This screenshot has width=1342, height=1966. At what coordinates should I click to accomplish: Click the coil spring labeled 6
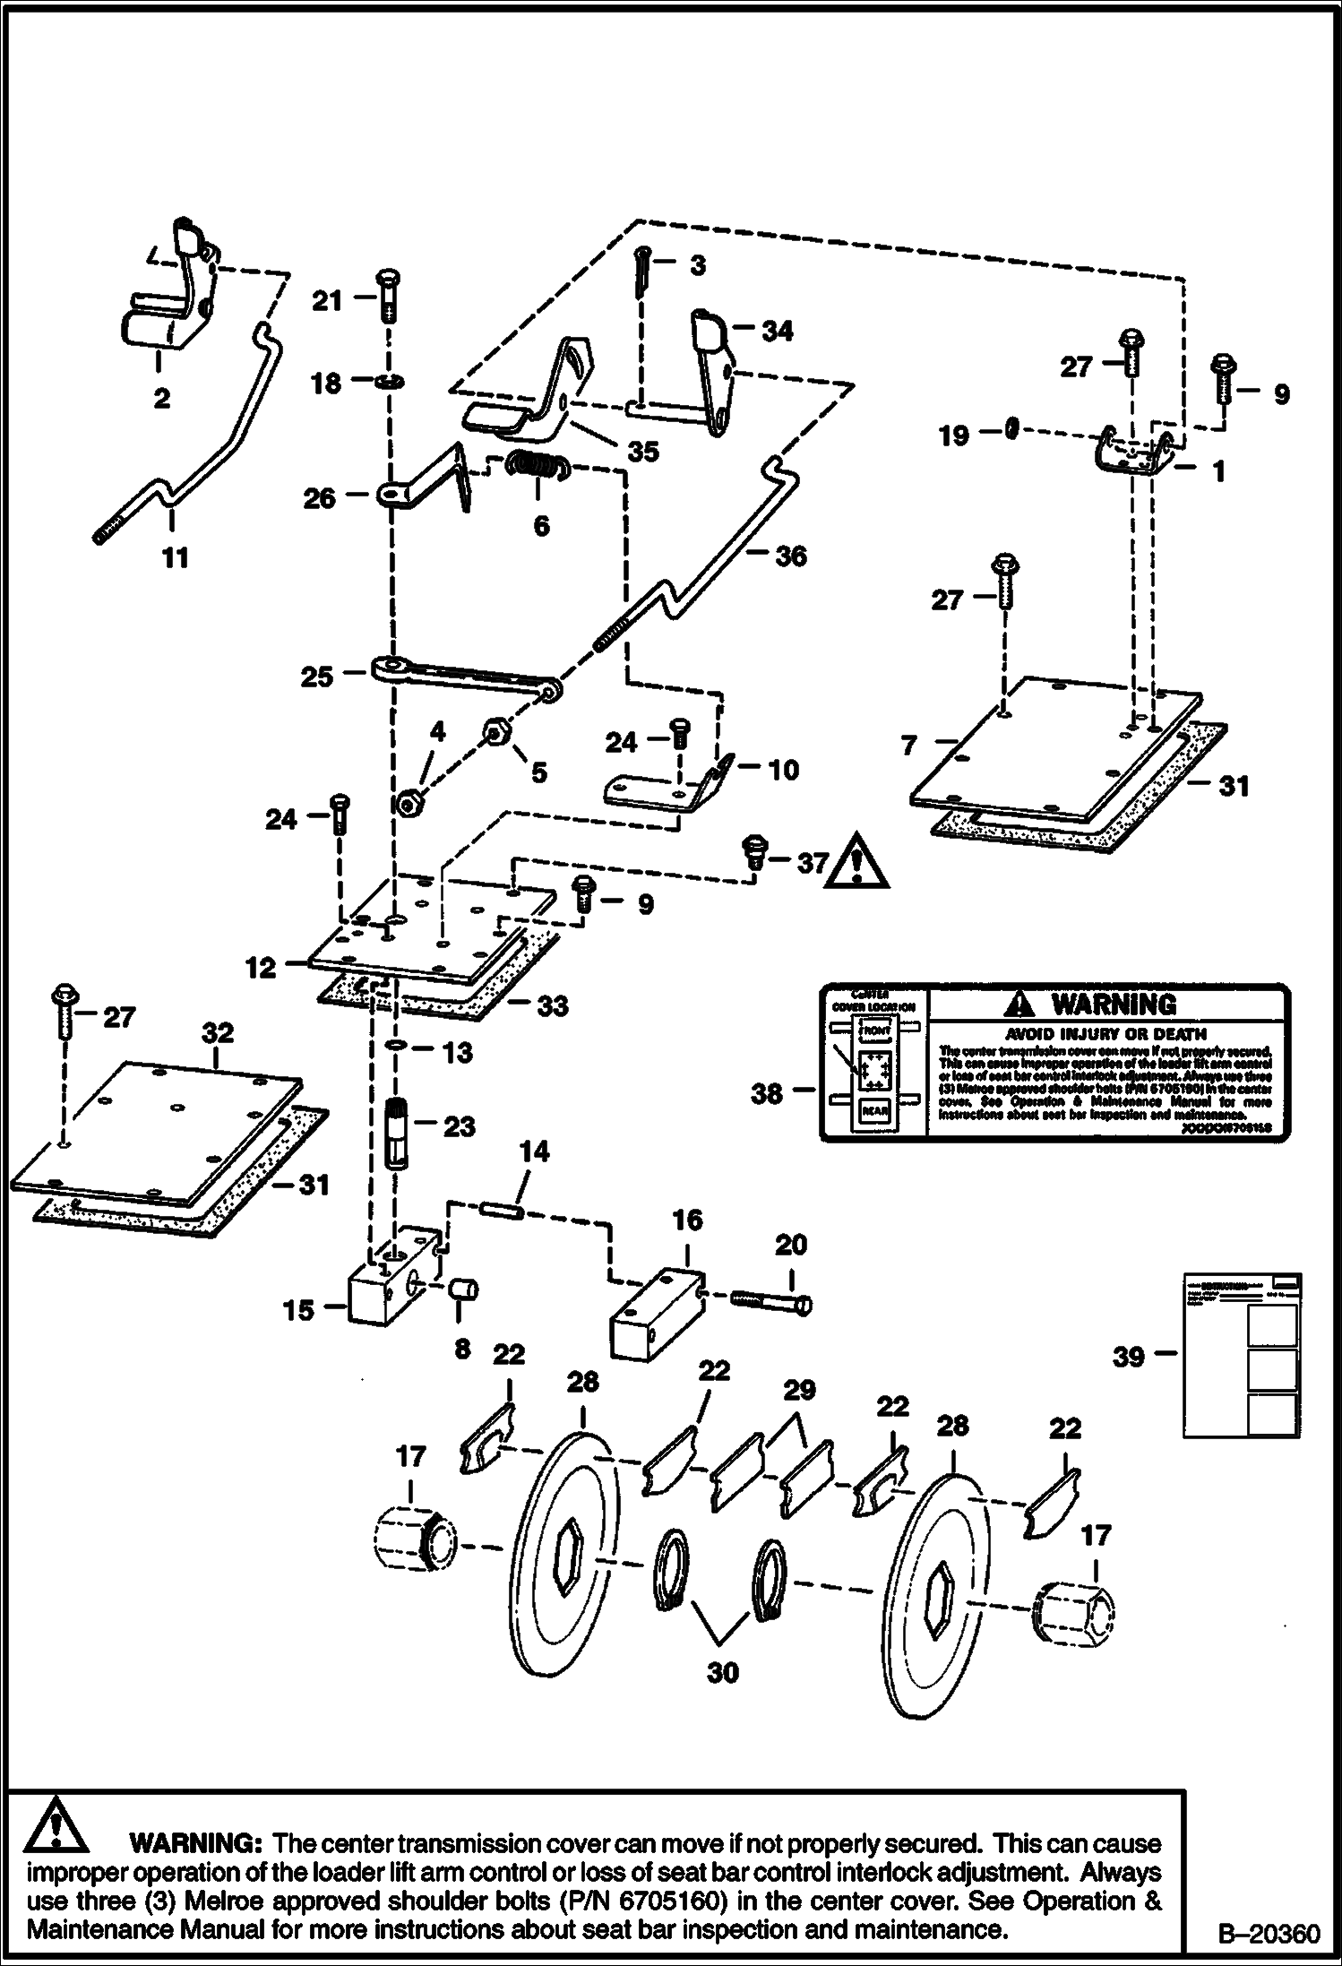(x=538, y=467)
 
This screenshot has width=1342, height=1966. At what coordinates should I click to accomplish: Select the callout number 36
(x=791, y=556)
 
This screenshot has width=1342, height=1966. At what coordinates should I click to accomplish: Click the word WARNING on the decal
(x=1114, y=1004)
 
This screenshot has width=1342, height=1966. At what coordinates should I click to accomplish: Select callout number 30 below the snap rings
(x=723, y=1672)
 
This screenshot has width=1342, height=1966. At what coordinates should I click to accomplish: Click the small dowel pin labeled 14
(x=502, y=1209)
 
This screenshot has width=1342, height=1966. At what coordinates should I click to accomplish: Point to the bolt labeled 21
(x=389, y=297)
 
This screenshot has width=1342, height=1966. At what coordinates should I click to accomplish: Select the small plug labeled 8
(x=465, y=1291)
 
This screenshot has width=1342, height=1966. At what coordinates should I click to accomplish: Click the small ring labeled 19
(x=1011, y=430)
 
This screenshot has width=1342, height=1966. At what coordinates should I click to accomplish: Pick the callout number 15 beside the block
(x=299, y=1310)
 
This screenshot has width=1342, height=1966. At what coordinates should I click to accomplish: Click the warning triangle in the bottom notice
(x=56, y=1824)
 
